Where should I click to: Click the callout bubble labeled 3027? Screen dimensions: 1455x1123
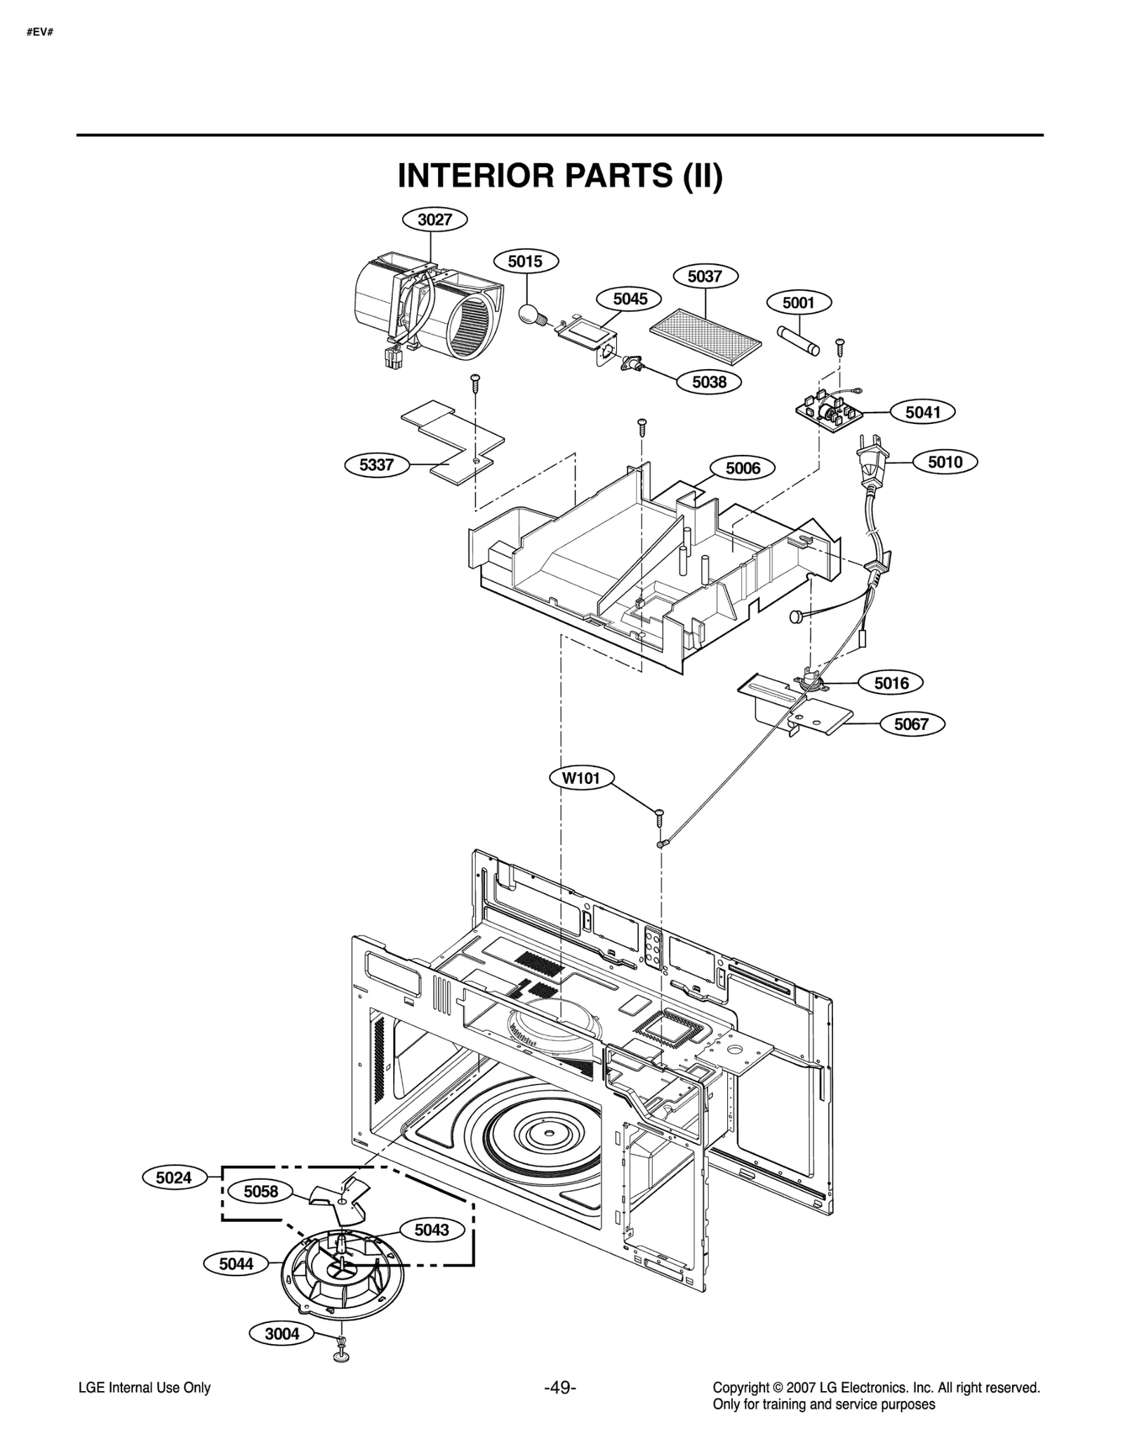(434, 220)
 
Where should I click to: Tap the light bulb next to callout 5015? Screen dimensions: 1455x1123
(530, 312)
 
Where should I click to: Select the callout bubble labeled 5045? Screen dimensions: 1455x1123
(630, 299)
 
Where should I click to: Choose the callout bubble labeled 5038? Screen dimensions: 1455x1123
(709, 383)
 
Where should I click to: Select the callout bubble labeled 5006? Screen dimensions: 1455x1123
(743, 468)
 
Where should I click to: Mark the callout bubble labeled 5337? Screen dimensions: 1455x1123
(376, 465)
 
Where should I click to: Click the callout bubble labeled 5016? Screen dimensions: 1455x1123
(891, 682)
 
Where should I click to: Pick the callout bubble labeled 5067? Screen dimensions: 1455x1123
(910, 724)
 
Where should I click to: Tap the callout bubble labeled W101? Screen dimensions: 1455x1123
(582, 778)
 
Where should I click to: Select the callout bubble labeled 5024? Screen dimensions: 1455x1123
(173, 1177)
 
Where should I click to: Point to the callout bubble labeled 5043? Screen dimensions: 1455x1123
(431, 1230)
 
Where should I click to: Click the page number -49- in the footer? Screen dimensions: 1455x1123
(559, 1388)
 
